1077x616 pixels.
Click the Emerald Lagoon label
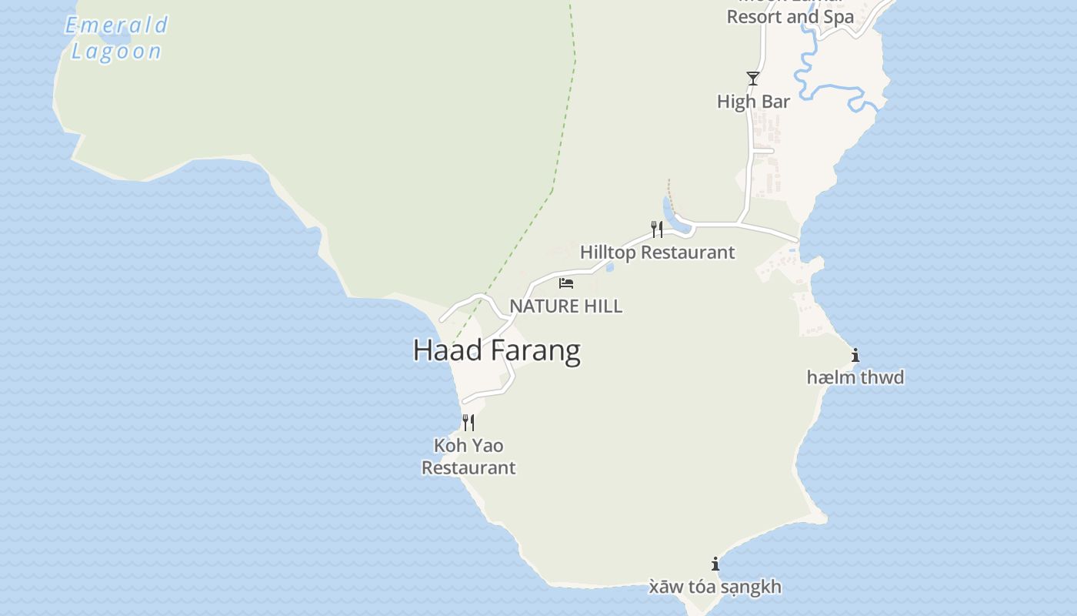[x=117, y=38]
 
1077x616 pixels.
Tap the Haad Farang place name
[x=496, y=350]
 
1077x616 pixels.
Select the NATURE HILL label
[x=565, y=306]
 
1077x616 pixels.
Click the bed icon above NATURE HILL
[x=566, y=283]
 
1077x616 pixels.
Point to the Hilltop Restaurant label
[x=657, y=252]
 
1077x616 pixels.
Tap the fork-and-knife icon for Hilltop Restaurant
[x=656, y=229]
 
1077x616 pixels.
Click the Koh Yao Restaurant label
[x=468, y=456]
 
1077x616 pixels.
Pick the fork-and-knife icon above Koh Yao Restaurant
[x=468, y=422]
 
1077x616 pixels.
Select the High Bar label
[x=753, y=101]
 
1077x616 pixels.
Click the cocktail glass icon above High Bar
[x=753, y=78]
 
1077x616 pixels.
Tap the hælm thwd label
[x=855, y=377]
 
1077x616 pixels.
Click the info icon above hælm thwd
[x=855, y=355]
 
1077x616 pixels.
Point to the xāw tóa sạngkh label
[x=715, y=587]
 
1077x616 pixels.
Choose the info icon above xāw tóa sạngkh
[x=715, y=564]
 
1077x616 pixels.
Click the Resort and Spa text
[x=790, y=16]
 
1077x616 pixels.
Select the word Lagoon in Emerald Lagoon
[x=117, y=52]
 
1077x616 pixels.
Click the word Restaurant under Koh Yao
[x=468, y=467]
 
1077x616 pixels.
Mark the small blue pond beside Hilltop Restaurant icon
[x=669, y=212]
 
